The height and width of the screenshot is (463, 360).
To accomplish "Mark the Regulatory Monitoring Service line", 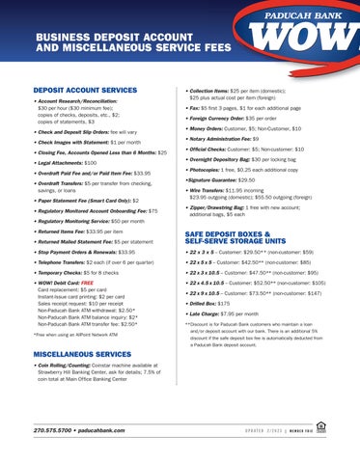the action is click(77, 221).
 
